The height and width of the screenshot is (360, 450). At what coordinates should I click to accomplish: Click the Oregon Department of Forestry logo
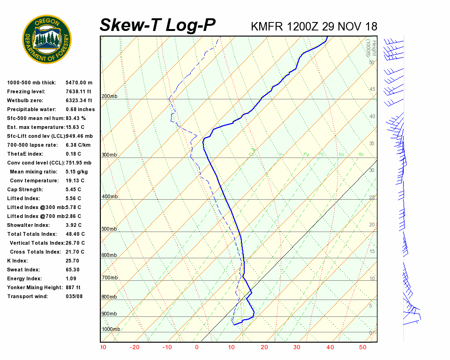click(47, 39)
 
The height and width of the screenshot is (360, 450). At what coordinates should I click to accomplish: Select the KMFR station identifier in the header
click(267, 26)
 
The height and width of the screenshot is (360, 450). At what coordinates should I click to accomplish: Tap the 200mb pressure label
click(109, 97)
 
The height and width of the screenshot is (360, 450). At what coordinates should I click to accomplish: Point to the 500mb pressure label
click(109, 229)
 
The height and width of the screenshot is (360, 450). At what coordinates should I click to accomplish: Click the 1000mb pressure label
click(111, 329)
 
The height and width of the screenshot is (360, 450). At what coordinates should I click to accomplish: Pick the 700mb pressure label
click(109, 278)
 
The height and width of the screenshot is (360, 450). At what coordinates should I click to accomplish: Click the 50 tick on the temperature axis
click(363, 347)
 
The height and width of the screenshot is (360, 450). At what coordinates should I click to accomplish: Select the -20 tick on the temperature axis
click(135, 347)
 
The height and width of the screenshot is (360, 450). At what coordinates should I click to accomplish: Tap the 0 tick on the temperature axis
click(197, 347)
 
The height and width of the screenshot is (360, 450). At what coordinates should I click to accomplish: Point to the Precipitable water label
click(31, 109)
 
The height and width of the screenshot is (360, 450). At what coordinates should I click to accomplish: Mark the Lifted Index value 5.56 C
click(73, 198)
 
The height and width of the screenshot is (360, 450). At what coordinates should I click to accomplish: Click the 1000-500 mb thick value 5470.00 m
click(79, 82)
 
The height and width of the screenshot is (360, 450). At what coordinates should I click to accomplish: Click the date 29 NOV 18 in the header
click(350, 26)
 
